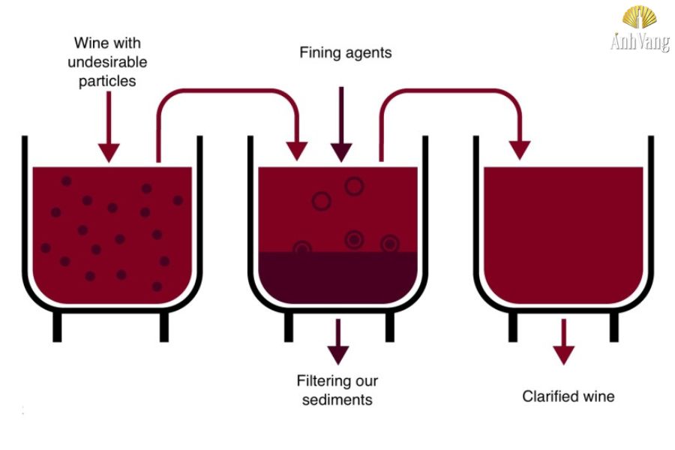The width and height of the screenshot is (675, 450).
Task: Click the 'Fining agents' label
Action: pos(345,52)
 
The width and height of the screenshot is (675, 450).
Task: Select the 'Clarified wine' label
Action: pos(568,396)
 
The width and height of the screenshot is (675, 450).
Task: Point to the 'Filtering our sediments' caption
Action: pos(337,390)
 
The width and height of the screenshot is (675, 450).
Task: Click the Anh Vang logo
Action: pos(639,30)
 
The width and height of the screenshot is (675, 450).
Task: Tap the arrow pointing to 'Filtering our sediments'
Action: pos(338,341)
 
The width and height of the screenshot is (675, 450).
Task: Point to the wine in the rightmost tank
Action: pos(563,225)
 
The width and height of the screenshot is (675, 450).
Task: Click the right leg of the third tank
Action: pos(614,326)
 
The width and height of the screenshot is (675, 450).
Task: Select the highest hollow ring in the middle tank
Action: pos(353,184)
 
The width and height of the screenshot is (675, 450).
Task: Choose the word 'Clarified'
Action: pos(548,396)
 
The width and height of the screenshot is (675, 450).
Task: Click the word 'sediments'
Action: pos(337,400)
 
